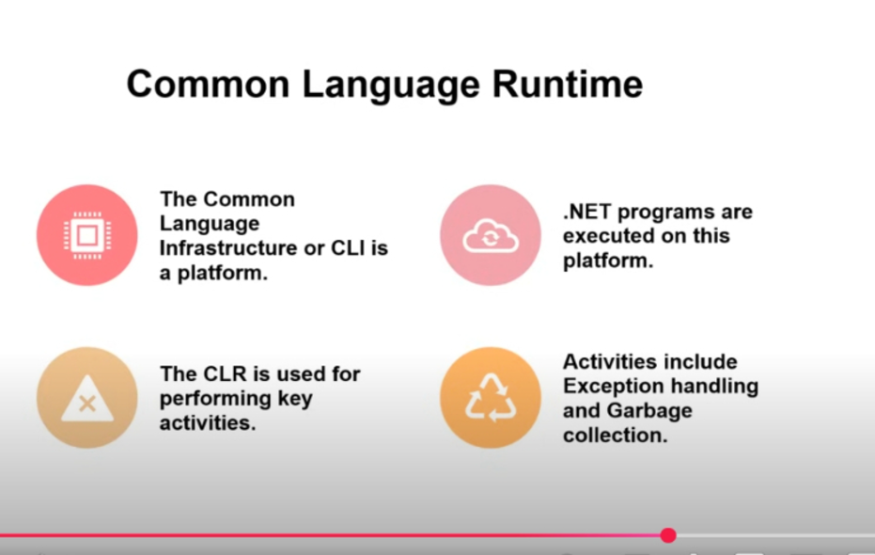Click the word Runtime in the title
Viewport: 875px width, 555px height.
point(568,84)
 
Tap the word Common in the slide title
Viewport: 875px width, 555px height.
point(209,84)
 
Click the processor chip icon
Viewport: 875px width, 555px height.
point(87,235)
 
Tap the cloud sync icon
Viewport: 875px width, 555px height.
point(491,235)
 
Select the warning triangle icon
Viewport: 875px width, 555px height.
point(87,399)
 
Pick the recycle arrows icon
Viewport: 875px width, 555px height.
point(491,398)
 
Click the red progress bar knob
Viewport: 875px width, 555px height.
point(668,535)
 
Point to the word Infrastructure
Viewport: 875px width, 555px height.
point(228,248)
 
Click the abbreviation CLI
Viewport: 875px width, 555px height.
point(348,248)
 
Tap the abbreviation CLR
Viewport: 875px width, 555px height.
point(227,373)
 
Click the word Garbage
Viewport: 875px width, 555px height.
point(649,411)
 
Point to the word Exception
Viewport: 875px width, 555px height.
point(612,387)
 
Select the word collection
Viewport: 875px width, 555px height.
point(615,436)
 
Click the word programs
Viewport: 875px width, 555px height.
point(665,213)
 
